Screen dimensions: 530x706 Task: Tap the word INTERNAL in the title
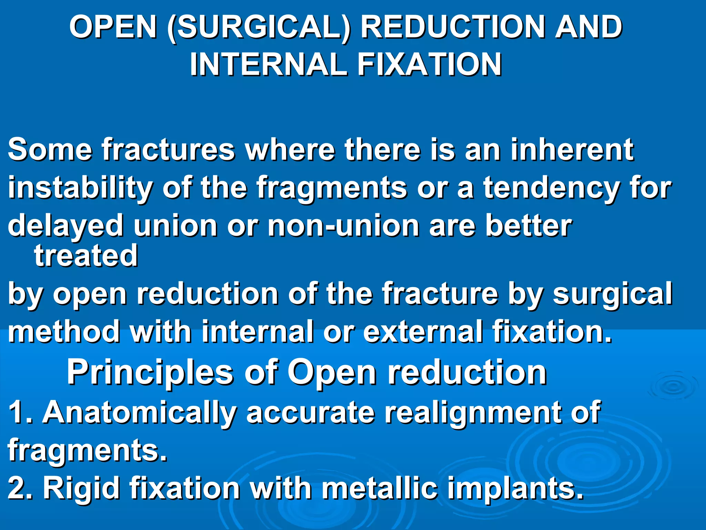[268, 65]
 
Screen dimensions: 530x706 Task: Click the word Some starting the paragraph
[50, 149]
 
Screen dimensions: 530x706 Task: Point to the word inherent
[572, 149]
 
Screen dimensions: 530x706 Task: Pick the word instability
[80, 188]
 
